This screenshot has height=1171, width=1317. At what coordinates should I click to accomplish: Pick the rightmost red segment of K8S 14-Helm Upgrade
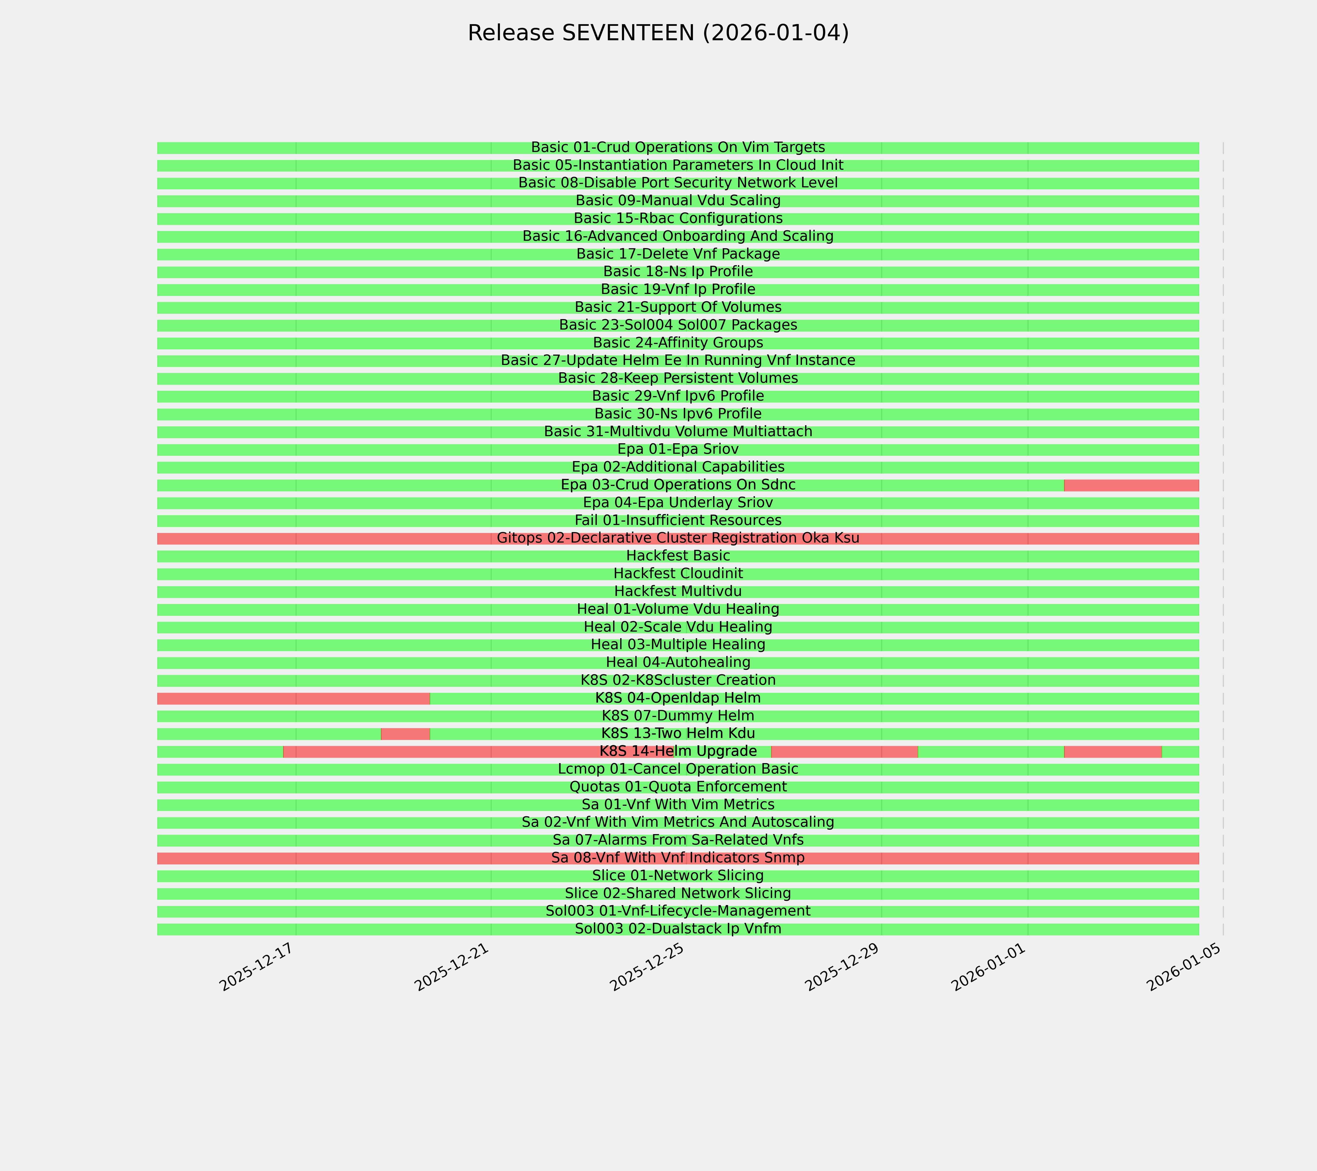pyautogui.click(x=1113, y=751)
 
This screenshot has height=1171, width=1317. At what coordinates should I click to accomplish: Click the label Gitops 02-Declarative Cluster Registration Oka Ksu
pyautogui.click(x=678, y=538)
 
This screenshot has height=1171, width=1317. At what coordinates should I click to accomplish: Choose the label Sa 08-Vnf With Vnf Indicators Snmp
pyautogui.click(x=678, y=858)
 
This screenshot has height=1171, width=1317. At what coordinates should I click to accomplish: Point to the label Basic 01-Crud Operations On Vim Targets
pyautogui.click(x=678, y=148)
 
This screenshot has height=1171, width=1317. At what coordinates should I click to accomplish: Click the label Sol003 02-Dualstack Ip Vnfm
pyautogui.click(x=678, y=929)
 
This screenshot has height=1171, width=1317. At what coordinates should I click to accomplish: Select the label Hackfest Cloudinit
pyautogui.click(x=678, y=574)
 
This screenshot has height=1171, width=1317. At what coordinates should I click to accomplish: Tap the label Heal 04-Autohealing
pyautogui.click(x=678, y=663)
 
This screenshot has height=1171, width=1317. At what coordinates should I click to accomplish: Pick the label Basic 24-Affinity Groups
pyautogui.click(x=678, y=343)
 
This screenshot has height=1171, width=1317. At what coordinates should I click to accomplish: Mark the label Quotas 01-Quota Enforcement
pyautogui.click(x=678, y=787)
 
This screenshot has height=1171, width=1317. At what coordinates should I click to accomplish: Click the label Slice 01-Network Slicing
pyautogui.click(x=678, y=876)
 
